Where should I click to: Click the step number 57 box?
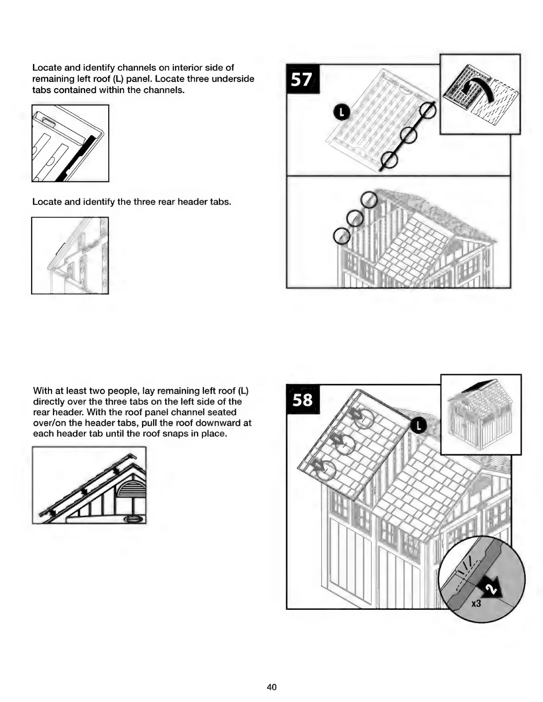(x=301, y=80)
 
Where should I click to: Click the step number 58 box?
(x=302, y=400)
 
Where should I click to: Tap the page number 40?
(x=271, y=687)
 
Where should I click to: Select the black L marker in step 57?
(x=342, y=113)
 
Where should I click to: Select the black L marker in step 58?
(x=418, y=426)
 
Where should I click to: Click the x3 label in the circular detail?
(x=476, y=603)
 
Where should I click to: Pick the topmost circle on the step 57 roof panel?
(x=428, y=111)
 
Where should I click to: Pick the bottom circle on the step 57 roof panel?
(x=389, y=160)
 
